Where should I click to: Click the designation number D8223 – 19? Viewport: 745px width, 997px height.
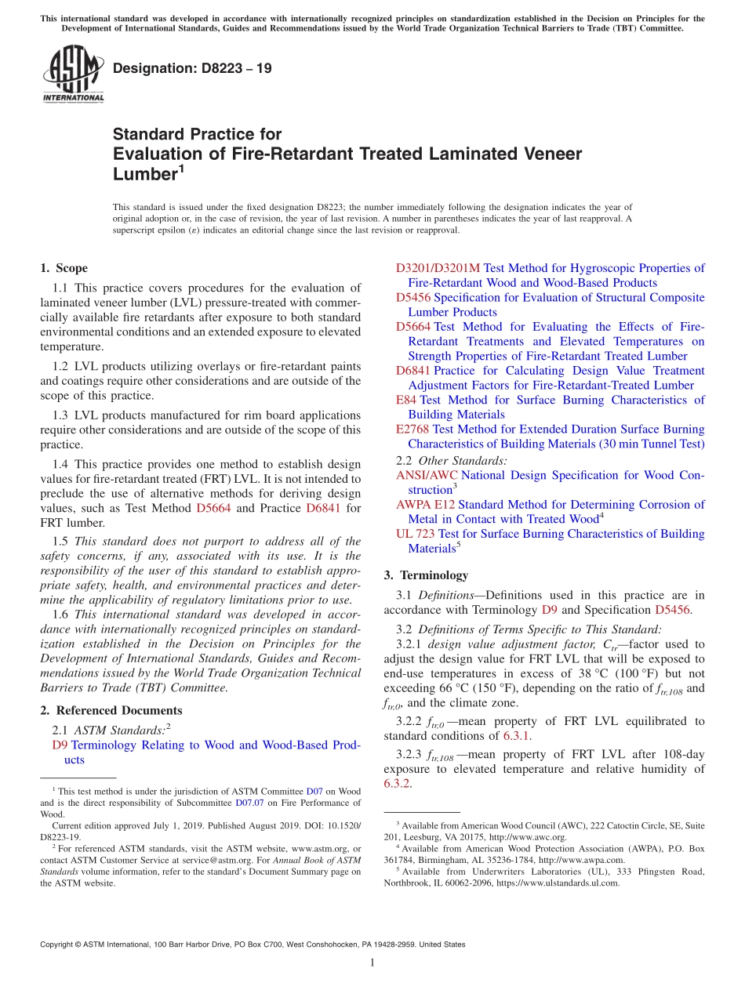pos(192,69)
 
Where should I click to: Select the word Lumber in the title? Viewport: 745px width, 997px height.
pos(143,175)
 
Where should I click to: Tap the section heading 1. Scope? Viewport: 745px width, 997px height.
pos(64,268)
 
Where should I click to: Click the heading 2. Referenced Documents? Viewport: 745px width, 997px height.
pos(111,711)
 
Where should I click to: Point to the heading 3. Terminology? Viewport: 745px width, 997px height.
pos(426,575)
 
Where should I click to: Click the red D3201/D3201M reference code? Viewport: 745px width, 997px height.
pos(438,268)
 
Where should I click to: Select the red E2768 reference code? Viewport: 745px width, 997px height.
pos(412,430)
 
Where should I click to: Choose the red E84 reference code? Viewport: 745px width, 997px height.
pos(406,400)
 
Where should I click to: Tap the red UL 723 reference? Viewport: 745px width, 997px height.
pos(416,534)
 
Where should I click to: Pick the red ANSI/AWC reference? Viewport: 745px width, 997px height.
pos(427,476)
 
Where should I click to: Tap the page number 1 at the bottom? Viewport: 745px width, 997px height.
pos(372,963)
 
